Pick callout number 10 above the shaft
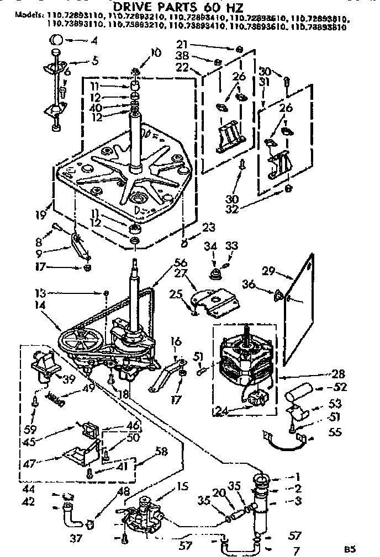point(155,53)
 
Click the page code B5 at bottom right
point(349,549)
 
